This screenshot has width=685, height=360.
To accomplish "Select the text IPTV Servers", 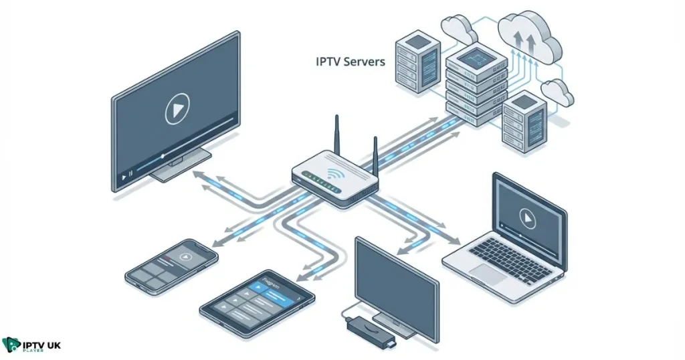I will click(350, 62).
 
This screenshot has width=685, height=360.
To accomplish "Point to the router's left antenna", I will click(337, 138).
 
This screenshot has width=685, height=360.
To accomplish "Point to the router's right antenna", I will click(375, 157).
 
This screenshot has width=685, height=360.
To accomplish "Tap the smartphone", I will click(172, 265).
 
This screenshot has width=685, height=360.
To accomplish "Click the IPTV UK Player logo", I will click(31, 345).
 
